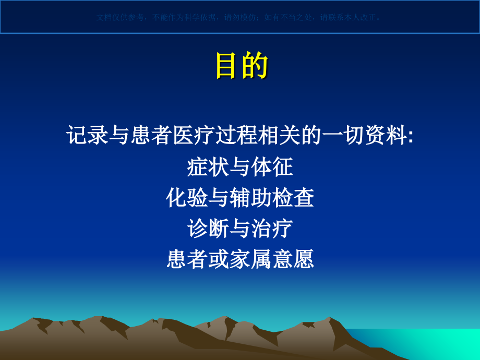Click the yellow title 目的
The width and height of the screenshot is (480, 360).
242,66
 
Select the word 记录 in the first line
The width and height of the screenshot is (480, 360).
87,136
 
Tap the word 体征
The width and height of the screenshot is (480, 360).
275,167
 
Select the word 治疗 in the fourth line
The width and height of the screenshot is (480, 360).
275,228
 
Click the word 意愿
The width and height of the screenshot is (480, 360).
296,259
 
